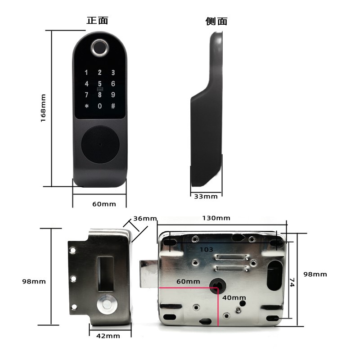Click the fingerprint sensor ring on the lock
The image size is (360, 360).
pyautogui.click(x=99, y=48)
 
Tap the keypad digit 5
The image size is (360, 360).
pyautogui.click(x=99, y=84)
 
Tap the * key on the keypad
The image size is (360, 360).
pyautogui.click(x=86, y=106)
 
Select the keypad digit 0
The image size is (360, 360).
pyautogui.click(x=99, y=106)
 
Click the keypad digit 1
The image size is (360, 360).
pyautogui.click(x=86, y=72)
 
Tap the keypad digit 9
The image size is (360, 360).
pyautogui.click(x=113, y=94)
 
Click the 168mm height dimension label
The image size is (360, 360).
pyautogui.click(x=43, y=108)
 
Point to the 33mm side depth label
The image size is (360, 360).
pyautogui.click(x=206, y=197)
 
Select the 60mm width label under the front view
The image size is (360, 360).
pyautogui.click(x=104, y=204)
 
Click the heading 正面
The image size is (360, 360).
pyautogui.click(x=97, y=20)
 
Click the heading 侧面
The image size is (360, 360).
pyautogui.click(x=216, y=21)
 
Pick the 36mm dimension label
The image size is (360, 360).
pyautogui.click(x=145, y=218)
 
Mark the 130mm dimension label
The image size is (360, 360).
pyautogui.click(x=216, y=218)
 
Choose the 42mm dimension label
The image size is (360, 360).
pyautogui.click(x=108, y=336)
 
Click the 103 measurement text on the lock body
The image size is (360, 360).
pyautogui.click(x=206, y=250)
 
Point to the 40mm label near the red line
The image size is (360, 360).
pyautogui.click(x=234, y=298)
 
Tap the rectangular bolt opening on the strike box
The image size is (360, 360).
pyautogui.click(x=106, y=274)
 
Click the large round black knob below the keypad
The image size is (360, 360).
pyautogui.click(x=100, y=144)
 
